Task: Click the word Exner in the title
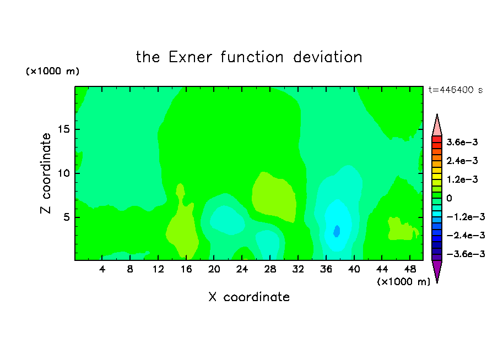click(x=190, y=57)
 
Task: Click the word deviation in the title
click(x=328, y=57)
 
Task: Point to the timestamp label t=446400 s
click(x=456, y=90)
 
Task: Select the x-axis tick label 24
click(x=242, y=269)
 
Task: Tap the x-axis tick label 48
click(x=410, y=269)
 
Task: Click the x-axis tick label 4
click(x=102, y=269)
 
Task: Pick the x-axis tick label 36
click(x=326, y=269)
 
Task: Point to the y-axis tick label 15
click(x=63, y=129)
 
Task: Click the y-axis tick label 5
click(x=66, y=217)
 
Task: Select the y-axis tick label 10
click(x=63, y=173)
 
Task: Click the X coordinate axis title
click(x=249, y=297)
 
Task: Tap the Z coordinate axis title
click(x=45, y=173)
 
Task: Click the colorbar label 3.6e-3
click(x=462, y=142)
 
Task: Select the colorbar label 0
click(x=449, y=198)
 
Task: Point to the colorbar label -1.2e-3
click(x=465, y=217)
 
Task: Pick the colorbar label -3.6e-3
click(x=465, y=254)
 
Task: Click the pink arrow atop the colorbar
click(x=437, y=125)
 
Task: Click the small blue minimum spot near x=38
click(x=337, y=231)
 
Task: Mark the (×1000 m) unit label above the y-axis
click(x=52, y=71)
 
